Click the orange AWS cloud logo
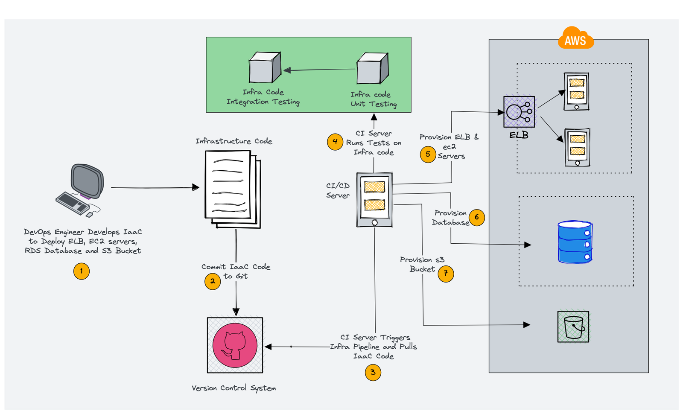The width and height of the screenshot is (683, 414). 575,39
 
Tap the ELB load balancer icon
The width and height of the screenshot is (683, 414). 519,112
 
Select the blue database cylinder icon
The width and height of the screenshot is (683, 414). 575,242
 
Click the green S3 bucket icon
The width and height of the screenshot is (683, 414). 573,327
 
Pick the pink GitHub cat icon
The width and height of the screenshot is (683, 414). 235,345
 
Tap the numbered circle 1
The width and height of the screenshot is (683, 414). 82,271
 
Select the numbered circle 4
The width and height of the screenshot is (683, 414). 335,142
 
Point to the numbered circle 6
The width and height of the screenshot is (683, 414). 477,217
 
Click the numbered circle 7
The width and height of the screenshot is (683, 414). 446,274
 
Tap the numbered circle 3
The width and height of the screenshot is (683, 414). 373,372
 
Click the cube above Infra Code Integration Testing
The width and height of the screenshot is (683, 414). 265,68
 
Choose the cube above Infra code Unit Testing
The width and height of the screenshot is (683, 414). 373,69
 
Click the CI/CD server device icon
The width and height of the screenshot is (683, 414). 374,200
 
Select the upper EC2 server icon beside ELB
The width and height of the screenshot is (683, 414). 576,91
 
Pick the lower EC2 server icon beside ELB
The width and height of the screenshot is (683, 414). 577,147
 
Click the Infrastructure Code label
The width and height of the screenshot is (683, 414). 234,141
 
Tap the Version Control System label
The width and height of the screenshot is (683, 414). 234,388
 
